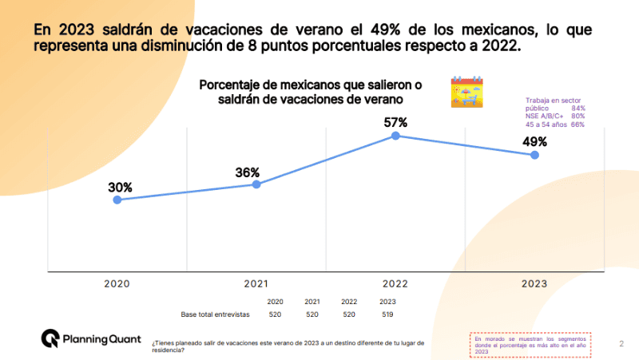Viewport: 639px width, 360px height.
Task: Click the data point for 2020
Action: pos(117,200)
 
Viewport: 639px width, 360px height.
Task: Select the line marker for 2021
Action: pos(256,184)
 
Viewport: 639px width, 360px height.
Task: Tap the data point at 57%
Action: pos(395,136)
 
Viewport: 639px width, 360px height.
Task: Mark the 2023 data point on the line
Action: pos(534,155)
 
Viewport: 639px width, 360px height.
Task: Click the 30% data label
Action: pos(120,188)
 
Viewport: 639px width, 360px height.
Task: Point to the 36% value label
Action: pos(248,172)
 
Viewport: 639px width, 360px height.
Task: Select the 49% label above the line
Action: pos(534,141)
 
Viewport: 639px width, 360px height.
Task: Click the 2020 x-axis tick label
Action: pos(117,283)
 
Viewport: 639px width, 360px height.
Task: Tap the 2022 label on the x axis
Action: pos(395,283)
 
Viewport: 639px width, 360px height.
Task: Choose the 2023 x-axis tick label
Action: pos(534,283)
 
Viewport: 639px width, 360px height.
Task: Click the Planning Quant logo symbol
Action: pos(50,338)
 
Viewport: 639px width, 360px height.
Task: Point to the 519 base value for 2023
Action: pos(387,315)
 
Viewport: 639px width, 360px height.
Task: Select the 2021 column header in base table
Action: pos(312,302)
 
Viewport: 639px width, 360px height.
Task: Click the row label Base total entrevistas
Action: pos(216,315)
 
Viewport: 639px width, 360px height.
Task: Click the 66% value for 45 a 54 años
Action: pos(577,125)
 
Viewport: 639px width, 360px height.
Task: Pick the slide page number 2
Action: pos(621,344)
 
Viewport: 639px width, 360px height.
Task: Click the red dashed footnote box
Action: pos(529,344)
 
